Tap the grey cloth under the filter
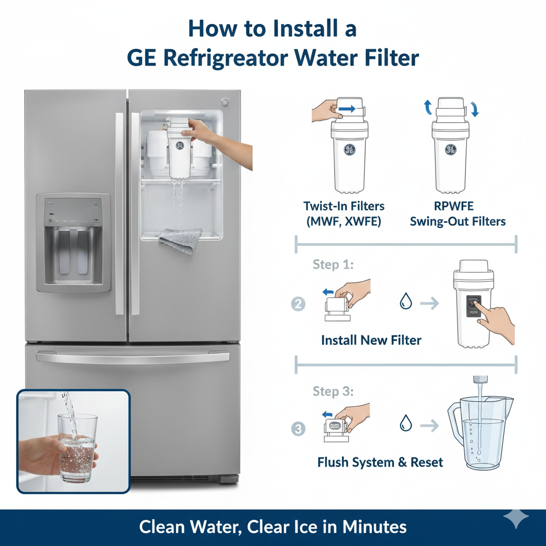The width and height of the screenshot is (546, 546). click(x=180, y=240)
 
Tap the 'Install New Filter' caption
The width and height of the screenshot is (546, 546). click(x=371, y=340)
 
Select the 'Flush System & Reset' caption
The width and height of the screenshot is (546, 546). click(x=380, y=462)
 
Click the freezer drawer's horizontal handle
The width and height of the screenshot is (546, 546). click(x=133, y=358)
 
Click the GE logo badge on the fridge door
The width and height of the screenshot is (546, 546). click(x=224, y=102)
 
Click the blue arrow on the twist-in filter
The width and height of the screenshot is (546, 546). click(x=347, y=108)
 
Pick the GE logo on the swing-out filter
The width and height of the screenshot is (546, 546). click(x=451, y=149)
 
